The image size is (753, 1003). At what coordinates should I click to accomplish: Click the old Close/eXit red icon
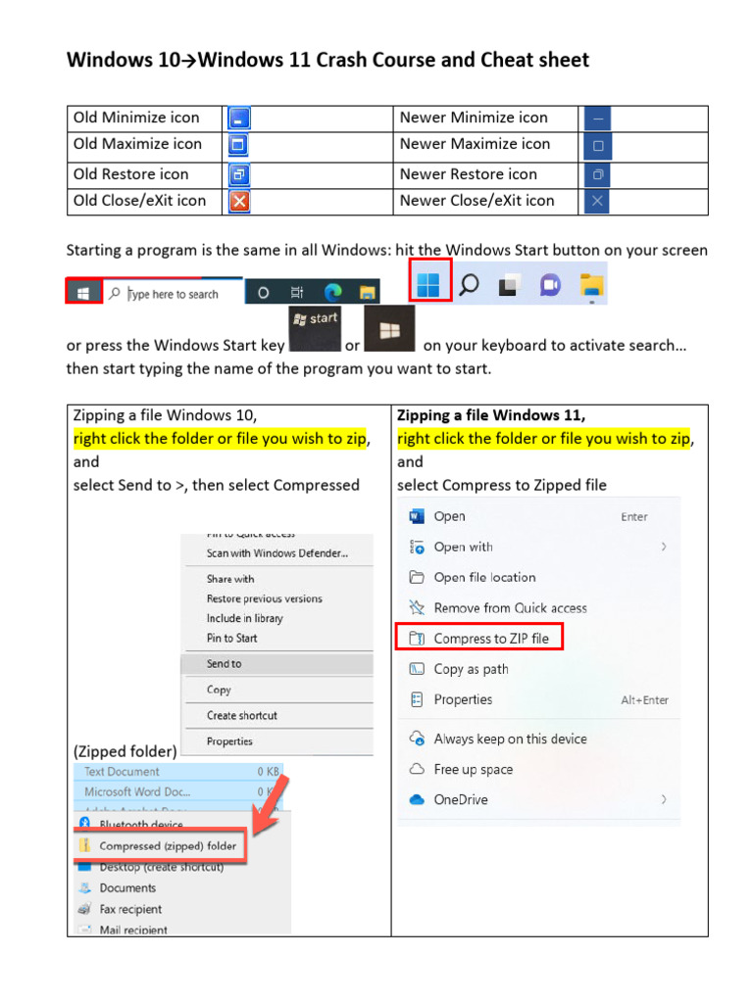point(239,202)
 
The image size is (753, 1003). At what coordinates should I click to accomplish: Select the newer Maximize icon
point(597,146)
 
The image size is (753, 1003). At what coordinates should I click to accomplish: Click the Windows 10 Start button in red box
point(84,292)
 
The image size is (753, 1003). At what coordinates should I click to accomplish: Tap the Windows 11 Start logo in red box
point(429,283)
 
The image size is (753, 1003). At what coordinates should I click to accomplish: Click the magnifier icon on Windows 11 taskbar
point(470,284)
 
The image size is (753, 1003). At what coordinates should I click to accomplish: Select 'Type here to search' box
point(173,294)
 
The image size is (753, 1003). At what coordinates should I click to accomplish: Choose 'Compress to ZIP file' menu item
point(491,639)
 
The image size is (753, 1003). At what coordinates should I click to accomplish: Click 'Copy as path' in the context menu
point(471,669)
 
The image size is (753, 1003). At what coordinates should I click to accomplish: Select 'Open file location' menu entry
point(484,577)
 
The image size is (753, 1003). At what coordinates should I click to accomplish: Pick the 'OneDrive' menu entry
point(461,799)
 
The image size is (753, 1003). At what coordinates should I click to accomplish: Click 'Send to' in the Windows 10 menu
point(224,664)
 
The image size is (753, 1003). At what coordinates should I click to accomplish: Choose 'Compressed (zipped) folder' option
point(168,846)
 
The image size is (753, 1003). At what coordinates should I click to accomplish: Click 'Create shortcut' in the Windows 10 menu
point(242,716)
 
